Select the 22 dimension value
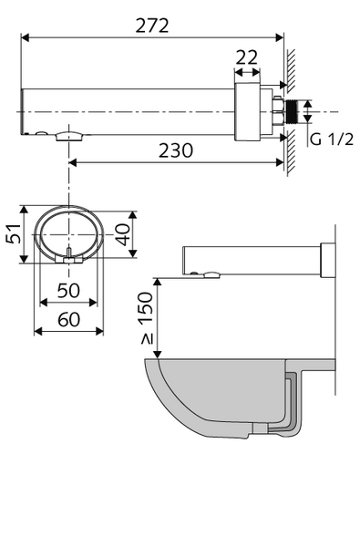(x=246, y=57)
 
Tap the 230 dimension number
(x=174, y=150)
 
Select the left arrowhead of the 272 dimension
(x=24, y=37)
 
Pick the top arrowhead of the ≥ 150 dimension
(x=159, y=282)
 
